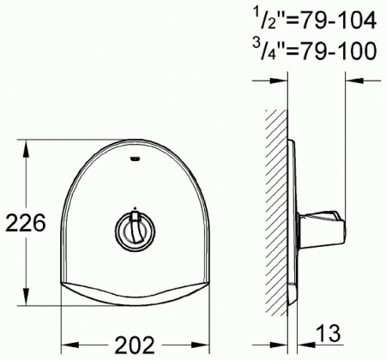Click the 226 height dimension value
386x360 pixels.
26,223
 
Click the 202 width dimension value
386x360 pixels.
135,345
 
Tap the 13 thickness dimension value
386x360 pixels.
329,333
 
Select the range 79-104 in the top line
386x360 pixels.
338,21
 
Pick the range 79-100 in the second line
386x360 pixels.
338,51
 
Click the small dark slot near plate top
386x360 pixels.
135,159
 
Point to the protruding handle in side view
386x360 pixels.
323,230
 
